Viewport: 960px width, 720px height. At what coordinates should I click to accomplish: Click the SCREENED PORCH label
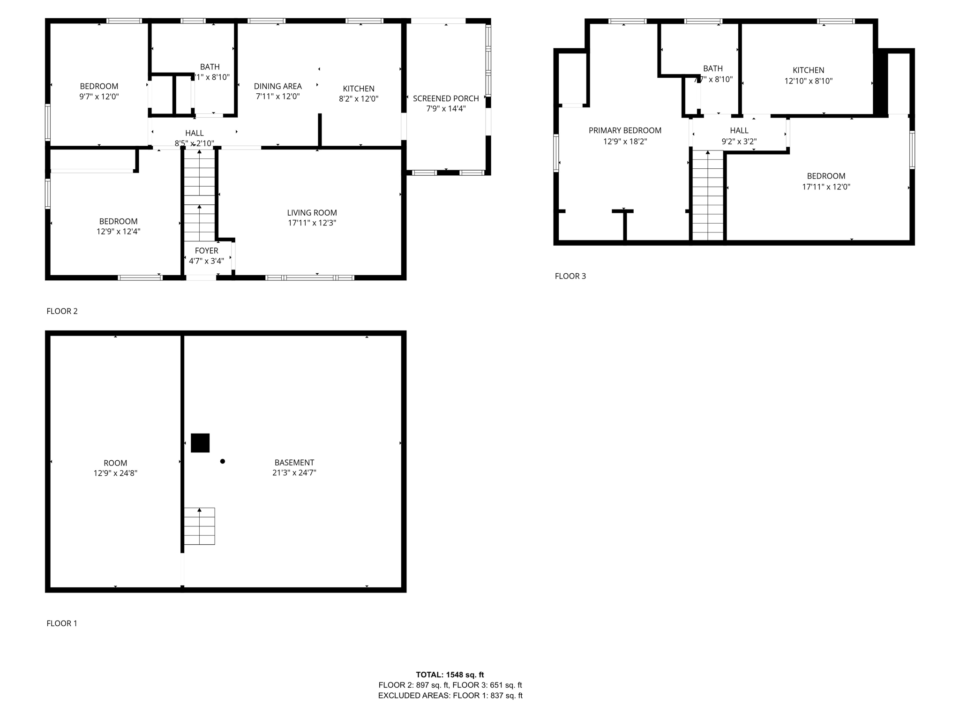(x=445, y=98)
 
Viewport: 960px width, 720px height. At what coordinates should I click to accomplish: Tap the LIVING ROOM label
(x=312, y=213)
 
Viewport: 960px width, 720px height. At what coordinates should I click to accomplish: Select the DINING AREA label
(x=277, y=86)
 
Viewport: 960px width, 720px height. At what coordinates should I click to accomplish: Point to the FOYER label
(x=206, y=251)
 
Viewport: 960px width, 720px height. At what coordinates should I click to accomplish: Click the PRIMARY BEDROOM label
(x=625, y=130)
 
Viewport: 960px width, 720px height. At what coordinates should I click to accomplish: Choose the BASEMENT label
(x=294, y=463)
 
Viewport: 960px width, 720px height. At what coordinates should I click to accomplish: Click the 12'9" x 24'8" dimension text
(x=115, y=473)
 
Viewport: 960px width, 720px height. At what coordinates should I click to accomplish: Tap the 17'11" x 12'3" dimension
(x=312, y=223)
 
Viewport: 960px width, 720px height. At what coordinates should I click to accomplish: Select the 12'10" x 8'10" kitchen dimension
(x=808, y=81)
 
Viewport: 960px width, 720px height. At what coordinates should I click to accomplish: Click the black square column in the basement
(x=200, y=443)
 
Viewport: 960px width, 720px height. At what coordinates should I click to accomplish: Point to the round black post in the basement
(x=223, y=461)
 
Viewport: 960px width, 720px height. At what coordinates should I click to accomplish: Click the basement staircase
(x=199, y=526)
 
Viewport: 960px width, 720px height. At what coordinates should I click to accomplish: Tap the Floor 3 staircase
(x=708, y=195)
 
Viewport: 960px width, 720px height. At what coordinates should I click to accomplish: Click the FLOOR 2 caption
(x=62, y=311)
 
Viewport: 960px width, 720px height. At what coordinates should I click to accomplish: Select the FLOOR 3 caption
(x=570, y=276)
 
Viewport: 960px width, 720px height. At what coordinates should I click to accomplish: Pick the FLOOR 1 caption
(x=62, y=623)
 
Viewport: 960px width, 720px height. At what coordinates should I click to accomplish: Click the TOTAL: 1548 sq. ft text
(x=450, y=675)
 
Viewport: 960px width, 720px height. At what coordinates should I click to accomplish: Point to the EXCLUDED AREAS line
(x=450, y=696)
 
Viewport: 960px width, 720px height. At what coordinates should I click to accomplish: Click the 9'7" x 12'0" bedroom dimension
(x=99, y=97)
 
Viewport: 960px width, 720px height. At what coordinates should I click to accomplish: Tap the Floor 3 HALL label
(x=739, y=130)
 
